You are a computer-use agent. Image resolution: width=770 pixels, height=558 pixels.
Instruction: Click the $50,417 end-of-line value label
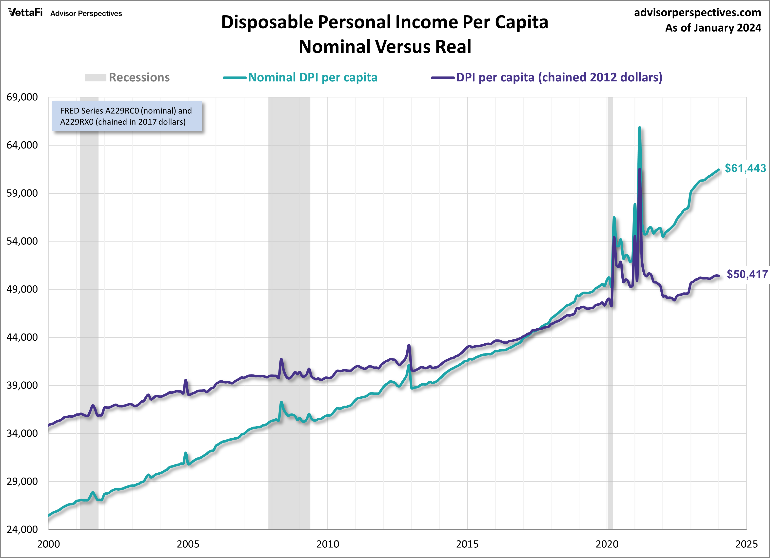pyautogui.click(x=747, y=274)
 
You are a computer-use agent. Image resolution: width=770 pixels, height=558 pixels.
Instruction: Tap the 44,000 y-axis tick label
pyautogui.click(x=22, y=337)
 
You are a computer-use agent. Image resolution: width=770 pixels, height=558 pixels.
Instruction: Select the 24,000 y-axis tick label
pyautogui.click(x=22, y=529)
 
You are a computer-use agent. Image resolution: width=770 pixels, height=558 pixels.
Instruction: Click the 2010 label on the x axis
pyautogui.click(x=328, y=544)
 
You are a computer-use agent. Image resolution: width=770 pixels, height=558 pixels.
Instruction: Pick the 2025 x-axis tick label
pyautogui.click(x=746, y=544)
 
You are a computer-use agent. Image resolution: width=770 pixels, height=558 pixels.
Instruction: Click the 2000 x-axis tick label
pyautogui.click(x=49, y=544)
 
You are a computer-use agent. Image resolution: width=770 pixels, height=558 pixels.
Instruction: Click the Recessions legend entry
pyautogui.click(x=127, y=77)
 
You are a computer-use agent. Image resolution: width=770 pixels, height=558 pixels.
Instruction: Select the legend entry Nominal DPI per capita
pyautogui.click(x=300, y=77)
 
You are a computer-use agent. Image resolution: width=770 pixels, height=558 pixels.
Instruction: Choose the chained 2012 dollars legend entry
pyautogui.click(x=547, y=77)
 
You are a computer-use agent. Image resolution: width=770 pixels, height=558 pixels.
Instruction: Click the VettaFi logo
pyautogui.click(x=25, y=13)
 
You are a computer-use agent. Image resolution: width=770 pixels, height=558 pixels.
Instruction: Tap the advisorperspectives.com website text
pyautogui.click(x=697, y=13)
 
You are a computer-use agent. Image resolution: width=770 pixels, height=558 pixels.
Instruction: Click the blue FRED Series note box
pyautogui.click(x=127, y=116)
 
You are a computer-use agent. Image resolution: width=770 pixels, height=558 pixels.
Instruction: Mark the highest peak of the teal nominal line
pyautogui.click(x=639, y=128)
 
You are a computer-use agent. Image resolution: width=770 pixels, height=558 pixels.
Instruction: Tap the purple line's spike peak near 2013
pyautogui.click(x=409, y=345)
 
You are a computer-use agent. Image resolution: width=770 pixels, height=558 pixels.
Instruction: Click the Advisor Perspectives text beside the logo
pyautogui.click(x=86, y=14)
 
